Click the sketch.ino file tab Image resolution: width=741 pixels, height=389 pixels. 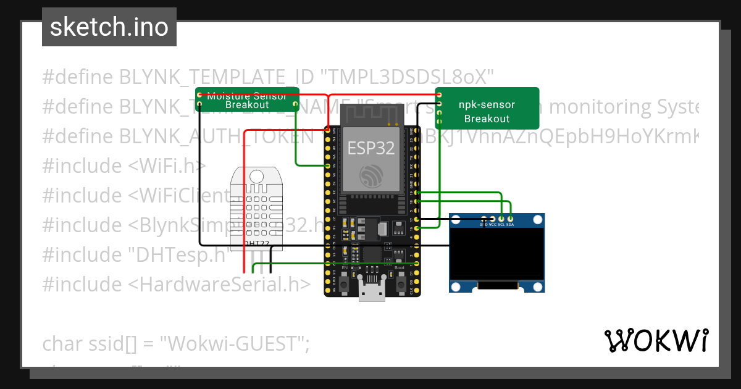click(x=109, y=27)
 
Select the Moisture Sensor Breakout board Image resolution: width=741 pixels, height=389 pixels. click(x=247, y=100)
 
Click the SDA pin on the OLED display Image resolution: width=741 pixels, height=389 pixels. click(x=510, y=219)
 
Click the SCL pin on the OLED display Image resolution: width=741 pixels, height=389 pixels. click(x=501, y=219)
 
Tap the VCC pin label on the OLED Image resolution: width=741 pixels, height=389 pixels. click(x=492, y=224)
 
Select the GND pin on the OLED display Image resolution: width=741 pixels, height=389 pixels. click(x=484, y=219)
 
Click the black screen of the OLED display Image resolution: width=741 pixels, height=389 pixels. click(x=496, y=253)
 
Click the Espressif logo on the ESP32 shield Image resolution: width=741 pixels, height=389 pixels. click(x=370, y=175)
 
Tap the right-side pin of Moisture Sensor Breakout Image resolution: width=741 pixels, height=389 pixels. click(x=296, y=105)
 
